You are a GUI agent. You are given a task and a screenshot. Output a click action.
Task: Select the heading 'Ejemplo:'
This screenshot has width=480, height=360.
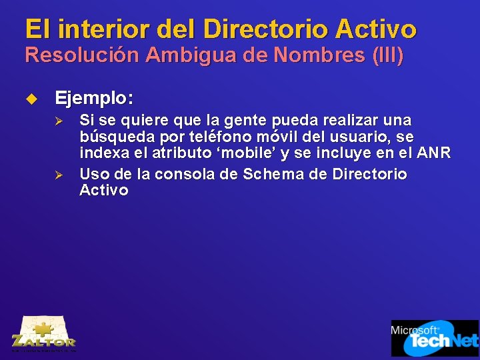pos(94,99)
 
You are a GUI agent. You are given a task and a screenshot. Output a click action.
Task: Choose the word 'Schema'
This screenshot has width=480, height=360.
pos(271,175)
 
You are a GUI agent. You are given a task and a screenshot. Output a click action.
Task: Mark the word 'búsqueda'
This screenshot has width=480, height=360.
pos(107,137)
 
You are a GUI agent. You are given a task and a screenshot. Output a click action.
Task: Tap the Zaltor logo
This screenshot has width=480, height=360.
pos(43,333)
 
